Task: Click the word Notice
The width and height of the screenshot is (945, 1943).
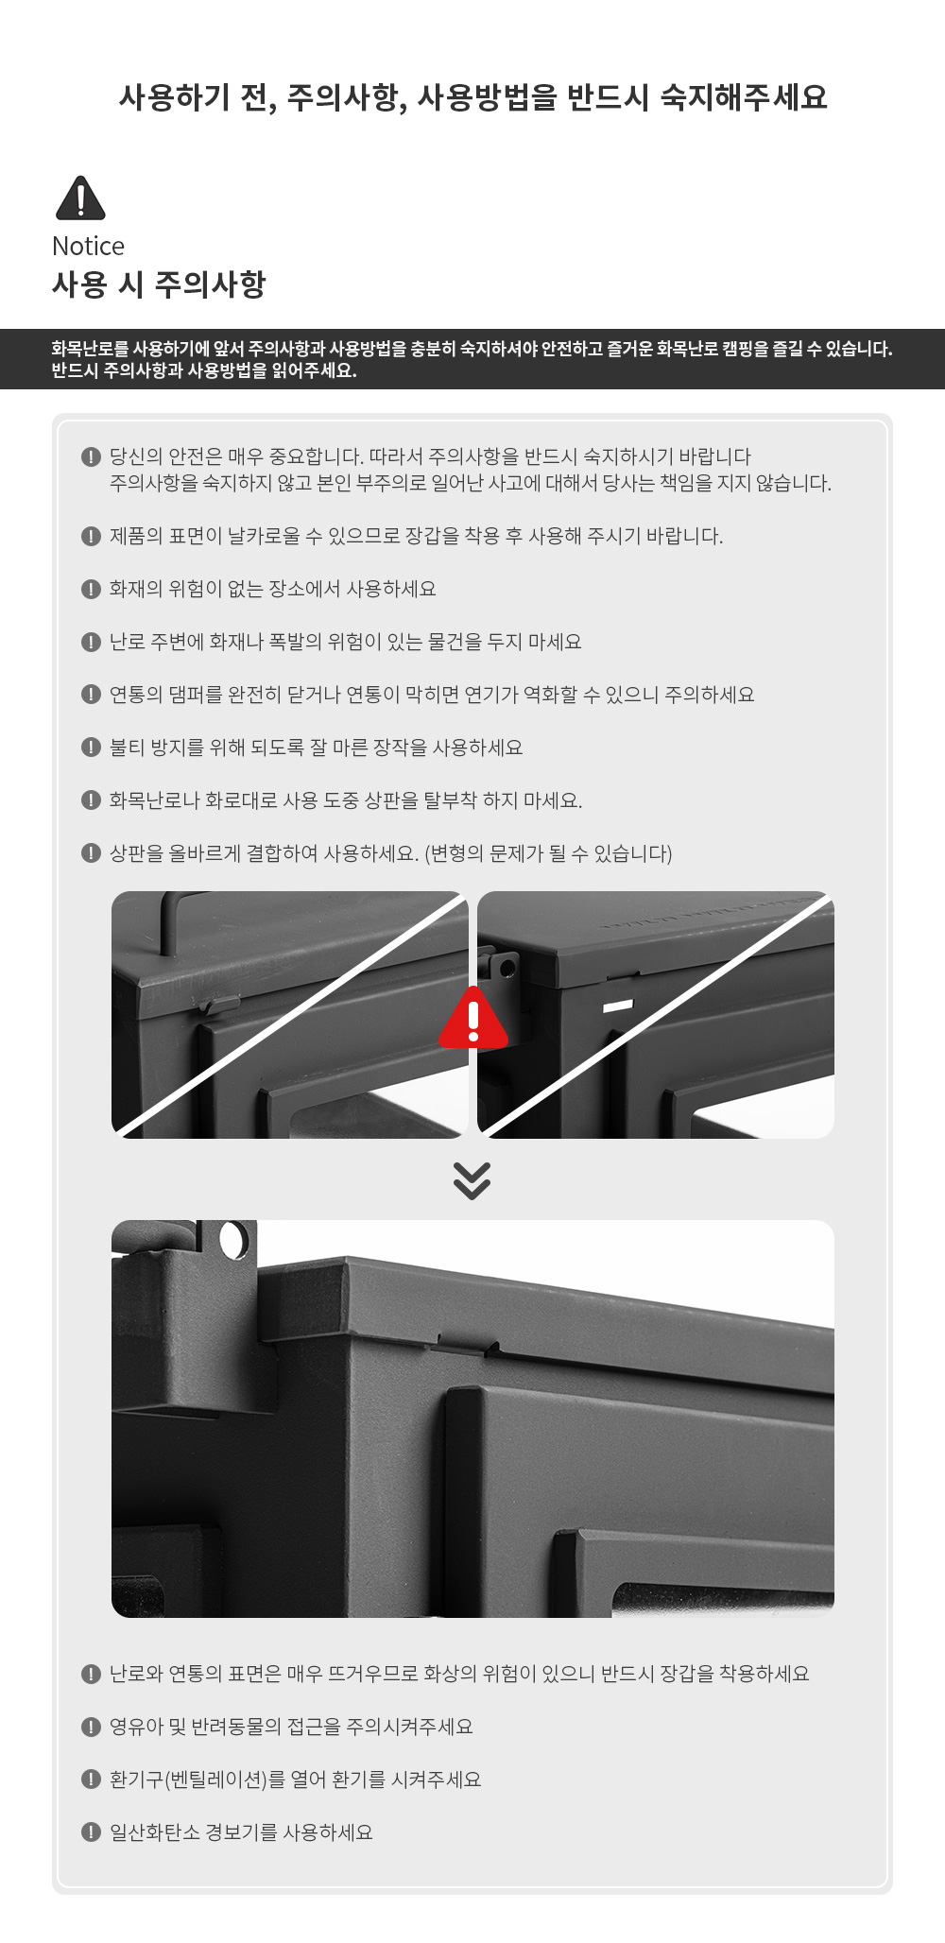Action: click(x=88, y=247)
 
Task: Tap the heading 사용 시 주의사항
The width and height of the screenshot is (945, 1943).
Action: click(x=159, y=284)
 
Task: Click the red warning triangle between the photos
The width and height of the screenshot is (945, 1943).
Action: click(x=473, y=1019)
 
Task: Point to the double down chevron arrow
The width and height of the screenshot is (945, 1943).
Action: click(x=472, y=1179)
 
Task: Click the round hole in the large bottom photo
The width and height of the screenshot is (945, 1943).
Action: click(x=232, y=1240)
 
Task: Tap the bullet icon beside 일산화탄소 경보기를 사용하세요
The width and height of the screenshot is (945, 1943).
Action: click(x=91, y=1832)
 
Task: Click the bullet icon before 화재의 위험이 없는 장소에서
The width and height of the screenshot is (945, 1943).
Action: click(x=91, y=589)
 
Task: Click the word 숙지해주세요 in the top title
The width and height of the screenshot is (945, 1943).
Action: click(x=744, y=96)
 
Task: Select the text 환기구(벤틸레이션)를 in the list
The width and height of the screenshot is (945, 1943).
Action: click(x=198, y=1780)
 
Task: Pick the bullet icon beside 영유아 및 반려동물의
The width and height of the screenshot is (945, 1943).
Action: click(x=91, y=1727)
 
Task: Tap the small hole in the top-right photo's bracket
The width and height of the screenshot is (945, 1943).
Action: click(x=507, y=968)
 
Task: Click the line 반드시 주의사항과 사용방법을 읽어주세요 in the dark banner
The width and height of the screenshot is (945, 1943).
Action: click(x=204, y=370)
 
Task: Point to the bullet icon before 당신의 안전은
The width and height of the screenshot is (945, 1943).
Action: click(x=91, y=456)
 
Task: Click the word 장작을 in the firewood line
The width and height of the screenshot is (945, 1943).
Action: click(x=405, y=748)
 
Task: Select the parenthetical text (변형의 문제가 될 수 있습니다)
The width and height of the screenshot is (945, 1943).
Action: click(x=548, y=853)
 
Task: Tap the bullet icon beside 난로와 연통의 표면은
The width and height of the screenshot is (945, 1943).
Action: click(x=91, y=1674)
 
